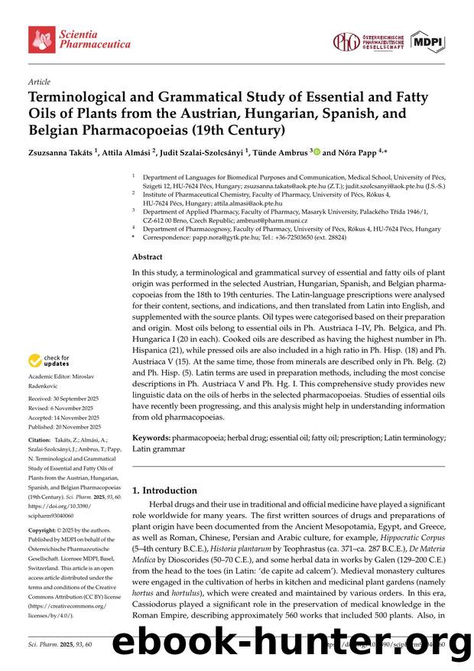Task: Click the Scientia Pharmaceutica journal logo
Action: tap(64, 38)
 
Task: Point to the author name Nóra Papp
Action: tap(360, 153)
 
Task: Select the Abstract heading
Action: tap(148, 258)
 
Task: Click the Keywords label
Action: tap(151, 438)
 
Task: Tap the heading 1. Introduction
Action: tap(164, 490)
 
